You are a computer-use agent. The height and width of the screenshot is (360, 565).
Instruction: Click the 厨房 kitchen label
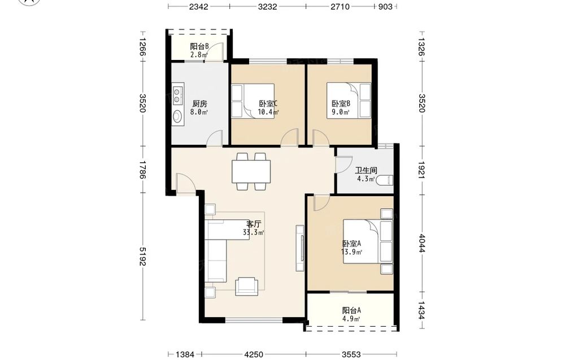click(x=199, y=104)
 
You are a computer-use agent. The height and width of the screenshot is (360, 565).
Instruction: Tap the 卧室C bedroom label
click(x=268, y=104)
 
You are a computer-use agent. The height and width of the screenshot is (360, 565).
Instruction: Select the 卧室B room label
click(x=341, y=104)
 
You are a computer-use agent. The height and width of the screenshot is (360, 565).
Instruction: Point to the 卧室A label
click(x=351, y=244)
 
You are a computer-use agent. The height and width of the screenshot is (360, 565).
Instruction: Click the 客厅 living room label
click(x=254, y=224)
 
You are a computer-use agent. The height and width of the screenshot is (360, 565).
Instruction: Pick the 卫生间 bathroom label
click(x=366, y=171)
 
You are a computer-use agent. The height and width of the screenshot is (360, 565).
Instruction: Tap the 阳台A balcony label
click(x=351, y=310)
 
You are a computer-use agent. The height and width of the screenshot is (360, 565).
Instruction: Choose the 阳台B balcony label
click(x=199, y=46)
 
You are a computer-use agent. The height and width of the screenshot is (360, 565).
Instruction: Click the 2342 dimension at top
click(x=198, y=6)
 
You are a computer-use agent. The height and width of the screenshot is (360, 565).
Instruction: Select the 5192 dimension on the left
click(x=143, y=256)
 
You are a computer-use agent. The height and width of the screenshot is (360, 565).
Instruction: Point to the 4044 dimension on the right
click(x=421, y=244)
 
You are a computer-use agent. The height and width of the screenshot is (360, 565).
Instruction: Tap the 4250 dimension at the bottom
click(x=254, y=354)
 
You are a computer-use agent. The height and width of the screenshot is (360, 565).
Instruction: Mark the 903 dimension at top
click(x=385, y=6)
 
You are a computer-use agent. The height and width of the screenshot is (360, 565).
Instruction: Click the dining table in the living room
click(x=251, y=172)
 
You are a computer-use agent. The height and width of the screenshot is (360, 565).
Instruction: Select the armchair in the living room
click(x=246, y=287)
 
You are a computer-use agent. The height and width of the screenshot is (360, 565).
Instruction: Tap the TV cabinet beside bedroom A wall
click(x=300, y=248)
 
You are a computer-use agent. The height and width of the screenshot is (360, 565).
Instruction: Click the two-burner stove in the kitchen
click(x=177, y=94)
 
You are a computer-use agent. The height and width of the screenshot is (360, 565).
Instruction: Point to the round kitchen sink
click(x=177, y=116)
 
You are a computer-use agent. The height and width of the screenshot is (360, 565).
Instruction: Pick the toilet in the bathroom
click(x=384, y=180)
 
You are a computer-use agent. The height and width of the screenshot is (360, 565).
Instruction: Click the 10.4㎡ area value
click(x=268, y=112)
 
